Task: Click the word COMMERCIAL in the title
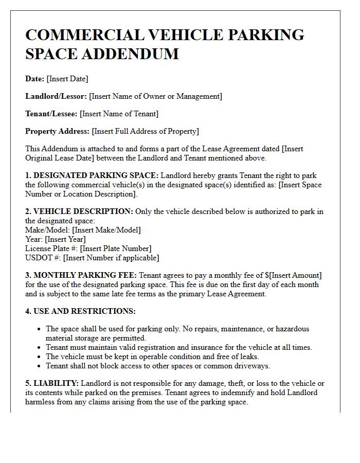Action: [82, 34]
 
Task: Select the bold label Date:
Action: [34, 79]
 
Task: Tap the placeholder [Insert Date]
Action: [67, 79]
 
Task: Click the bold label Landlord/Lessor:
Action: [56, 96]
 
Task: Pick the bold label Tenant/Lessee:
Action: [51, 114]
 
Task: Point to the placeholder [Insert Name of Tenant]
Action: [119, 114]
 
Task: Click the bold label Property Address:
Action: [57, 131]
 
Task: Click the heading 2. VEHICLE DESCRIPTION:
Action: [79, 211]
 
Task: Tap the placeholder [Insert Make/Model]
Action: [106, 230]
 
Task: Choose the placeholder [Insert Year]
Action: [65, 239]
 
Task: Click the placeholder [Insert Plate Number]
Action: [116, 248]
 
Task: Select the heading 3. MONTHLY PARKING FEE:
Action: [81, 275]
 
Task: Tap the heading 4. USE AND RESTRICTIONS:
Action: [80, 311]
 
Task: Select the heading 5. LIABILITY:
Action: [52, 383]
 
